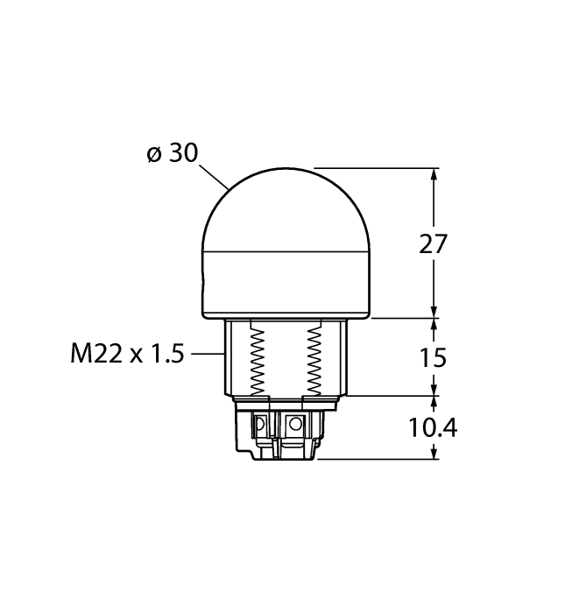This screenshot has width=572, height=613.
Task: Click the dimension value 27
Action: coord(434,245)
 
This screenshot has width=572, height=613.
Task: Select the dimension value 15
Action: coord(434,357)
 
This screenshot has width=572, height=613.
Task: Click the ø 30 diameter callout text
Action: coord(173,153)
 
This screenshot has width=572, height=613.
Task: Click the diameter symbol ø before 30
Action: coord(154,154)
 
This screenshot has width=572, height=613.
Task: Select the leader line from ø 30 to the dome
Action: coord(215,176)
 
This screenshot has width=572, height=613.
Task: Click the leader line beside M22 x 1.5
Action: coord(206,354)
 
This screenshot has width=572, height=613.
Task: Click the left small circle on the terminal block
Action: coord(259,425)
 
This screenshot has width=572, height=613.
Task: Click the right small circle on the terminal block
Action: coord(295,425)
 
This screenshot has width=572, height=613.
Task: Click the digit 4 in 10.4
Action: coord(449,427)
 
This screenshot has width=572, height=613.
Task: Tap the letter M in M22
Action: coord(81,354)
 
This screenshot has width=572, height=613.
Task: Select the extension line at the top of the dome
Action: coord(377,167)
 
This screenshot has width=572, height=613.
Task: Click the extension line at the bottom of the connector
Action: coord(377,459)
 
